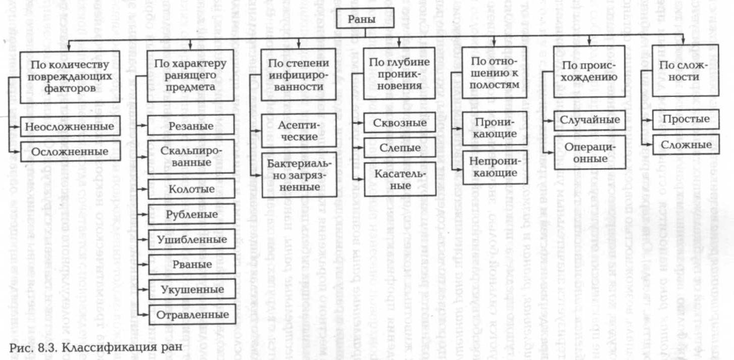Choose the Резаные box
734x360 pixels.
(191, 125)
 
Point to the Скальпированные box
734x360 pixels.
(191, 157)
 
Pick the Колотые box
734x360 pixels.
(191, 189)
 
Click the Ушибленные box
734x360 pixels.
(191, 239)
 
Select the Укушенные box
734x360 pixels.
(191, 289)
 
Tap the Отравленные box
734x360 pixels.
(191, 315)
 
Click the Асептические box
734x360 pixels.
(298, 130)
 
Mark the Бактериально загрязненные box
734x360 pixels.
(298, 174)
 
